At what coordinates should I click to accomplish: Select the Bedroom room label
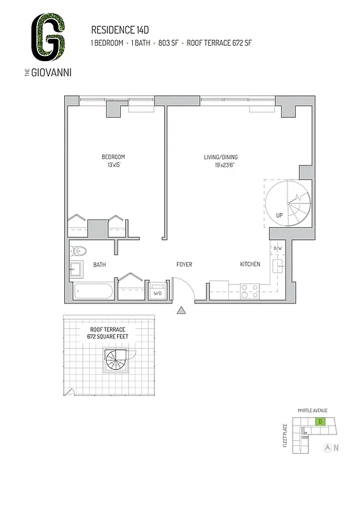tap(113, 157)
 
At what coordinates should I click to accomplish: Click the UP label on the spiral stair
tap(279, 215)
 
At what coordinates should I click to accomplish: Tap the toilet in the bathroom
tap(76, 251)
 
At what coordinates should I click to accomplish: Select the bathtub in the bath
tap(93, 292)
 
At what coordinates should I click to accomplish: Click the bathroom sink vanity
tap(76, 268)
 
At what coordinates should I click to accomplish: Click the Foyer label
tap(184, 264)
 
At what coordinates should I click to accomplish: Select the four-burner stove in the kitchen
tap(249, 291)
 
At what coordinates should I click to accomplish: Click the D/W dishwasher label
tap(277, 249)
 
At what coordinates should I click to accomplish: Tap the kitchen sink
tap(278, 265)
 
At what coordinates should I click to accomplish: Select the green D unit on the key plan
tap(321, 422)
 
